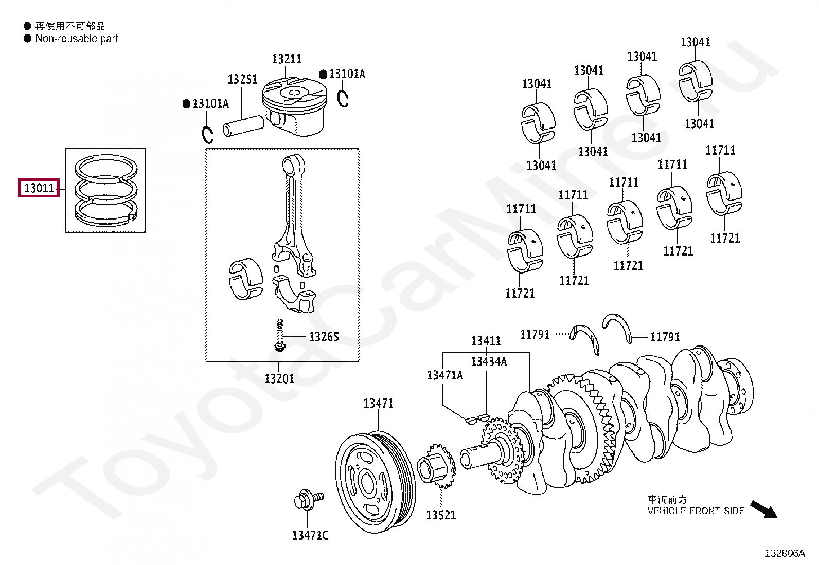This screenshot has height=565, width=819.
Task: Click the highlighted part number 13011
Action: coord(39,188)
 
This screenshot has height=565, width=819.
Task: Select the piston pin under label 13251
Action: coord(243,125)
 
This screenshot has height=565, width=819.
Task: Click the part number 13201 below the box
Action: coord(279,379)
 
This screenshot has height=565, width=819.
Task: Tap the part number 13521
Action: coord(441,515)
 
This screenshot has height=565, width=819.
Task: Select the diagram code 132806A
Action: coord(785,553)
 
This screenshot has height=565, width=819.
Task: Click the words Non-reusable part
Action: coord(77,39)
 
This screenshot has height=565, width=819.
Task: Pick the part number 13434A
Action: coord(489,362)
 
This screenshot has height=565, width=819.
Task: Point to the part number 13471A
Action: coord(444,375)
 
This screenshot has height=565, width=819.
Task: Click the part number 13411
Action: coord(486,341)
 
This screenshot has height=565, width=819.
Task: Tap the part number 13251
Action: coord(242,80)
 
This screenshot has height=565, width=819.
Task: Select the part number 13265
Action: coord(324,337)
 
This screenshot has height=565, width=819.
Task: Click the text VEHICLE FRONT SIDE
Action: coord(696,511)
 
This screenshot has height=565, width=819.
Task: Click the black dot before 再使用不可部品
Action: coord(27,26)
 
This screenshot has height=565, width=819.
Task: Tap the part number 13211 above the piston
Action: coord(287,59)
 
